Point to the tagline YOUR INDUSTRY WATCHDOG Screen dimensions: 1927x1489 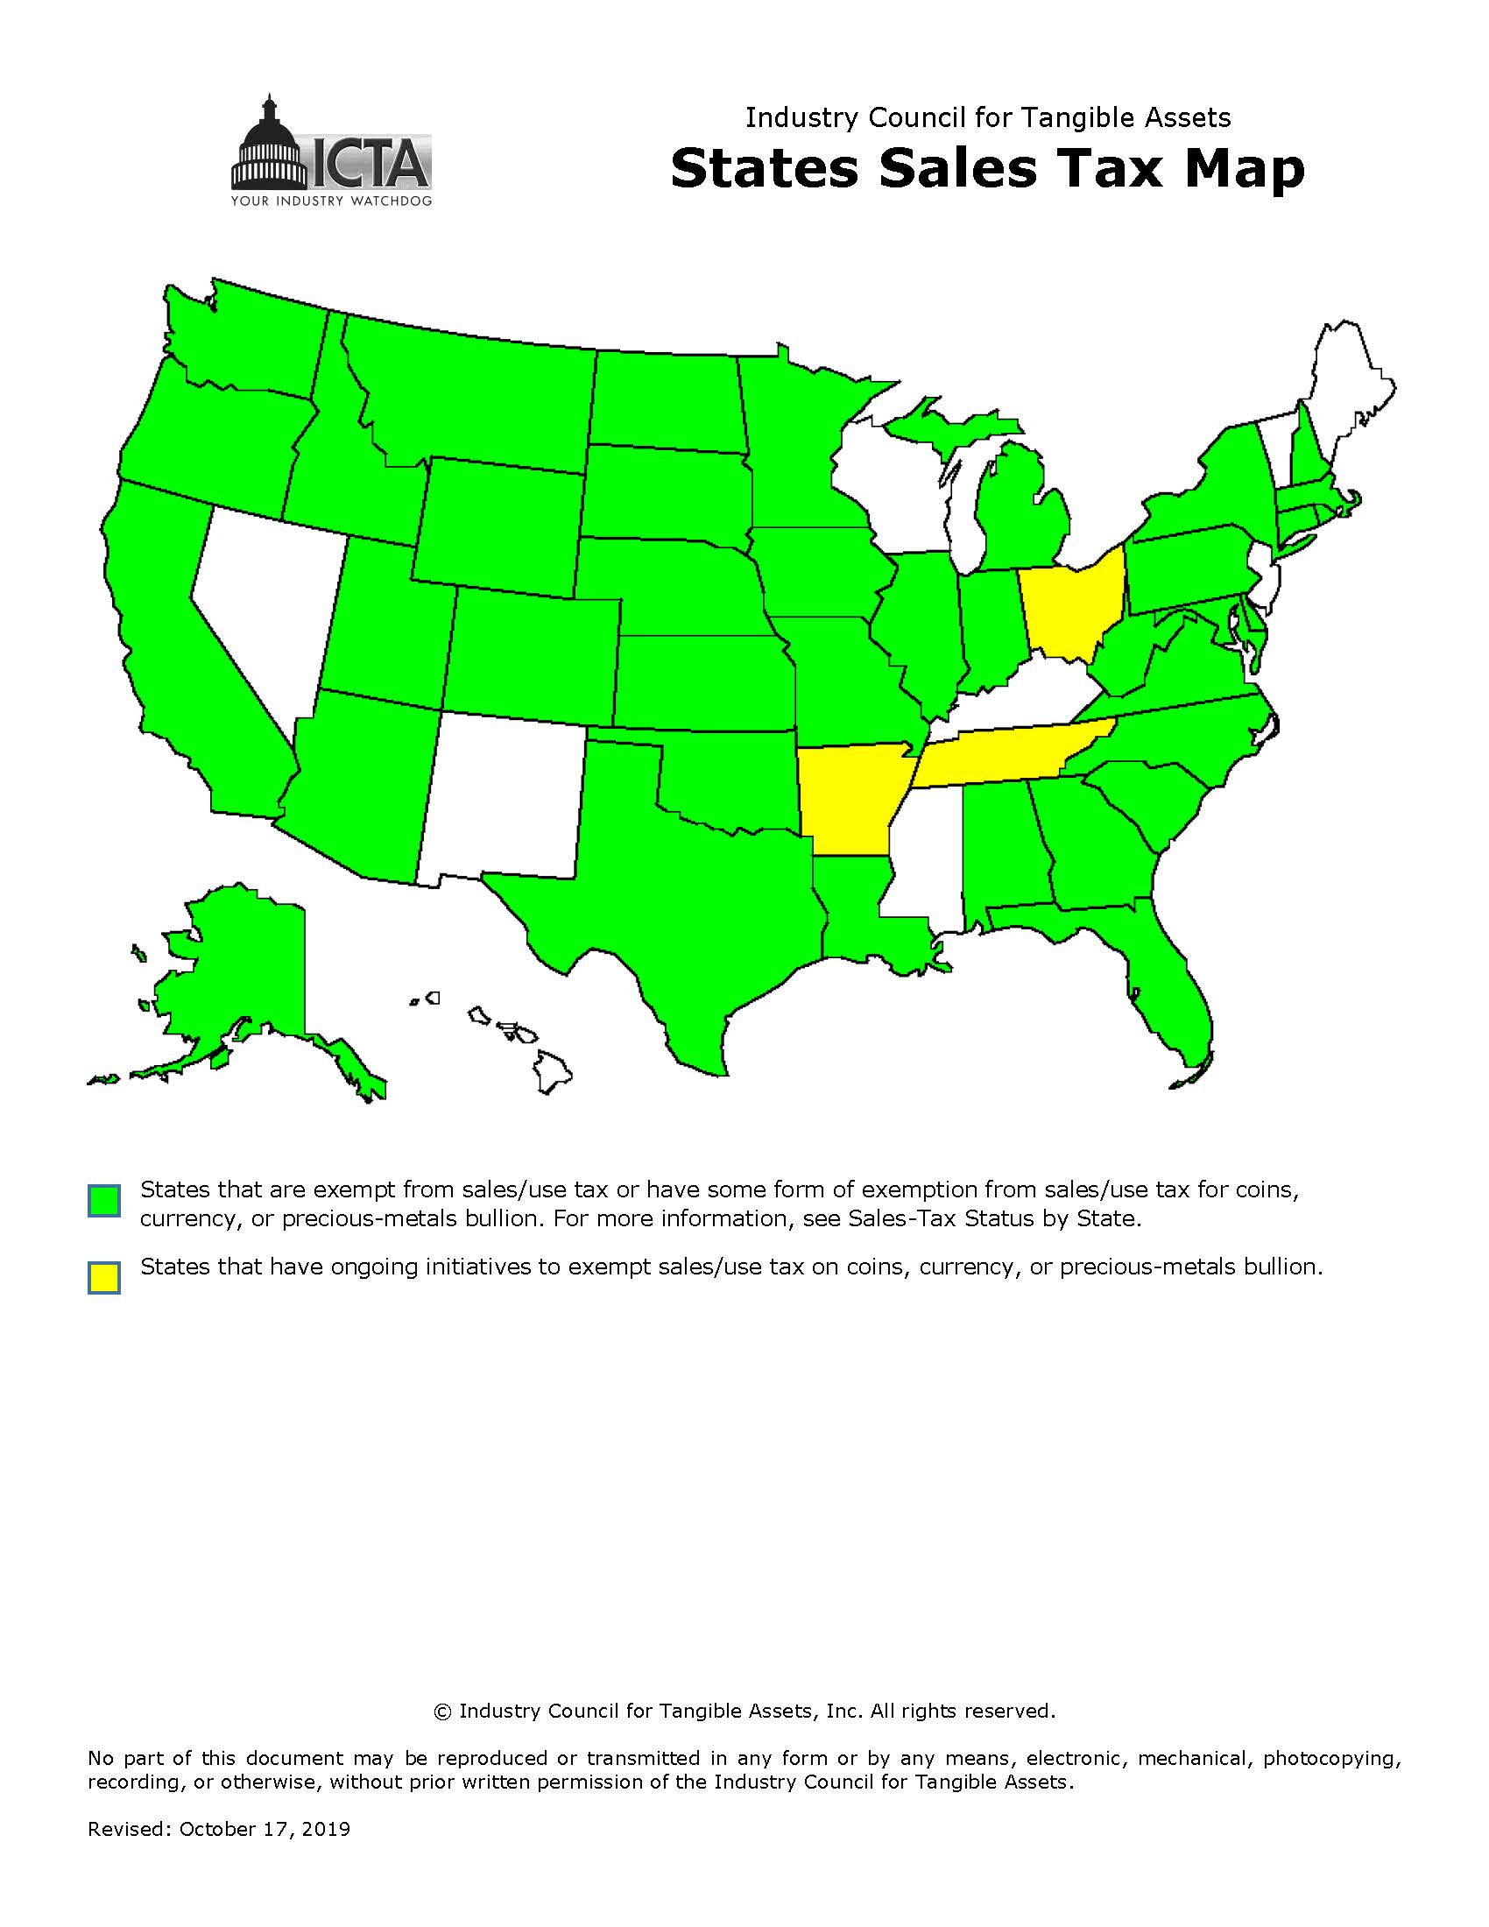(x=331, y=201)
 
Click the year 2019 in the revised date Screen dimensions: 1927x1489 (x=326, y=1829)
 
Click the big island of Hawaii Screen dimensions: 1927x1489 (x=552, y=1072)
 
